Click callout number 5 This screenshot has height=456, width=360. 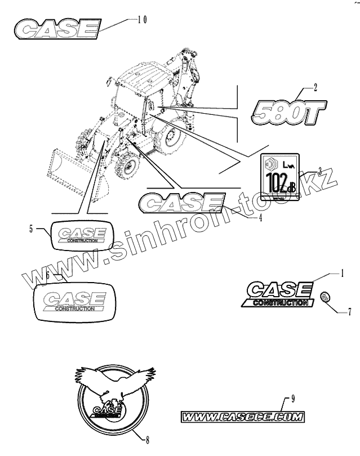(31, 228)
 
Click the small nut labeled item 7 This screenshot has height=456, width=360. (325, 297)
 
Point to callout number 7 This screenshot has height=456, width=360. (349, 310)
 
